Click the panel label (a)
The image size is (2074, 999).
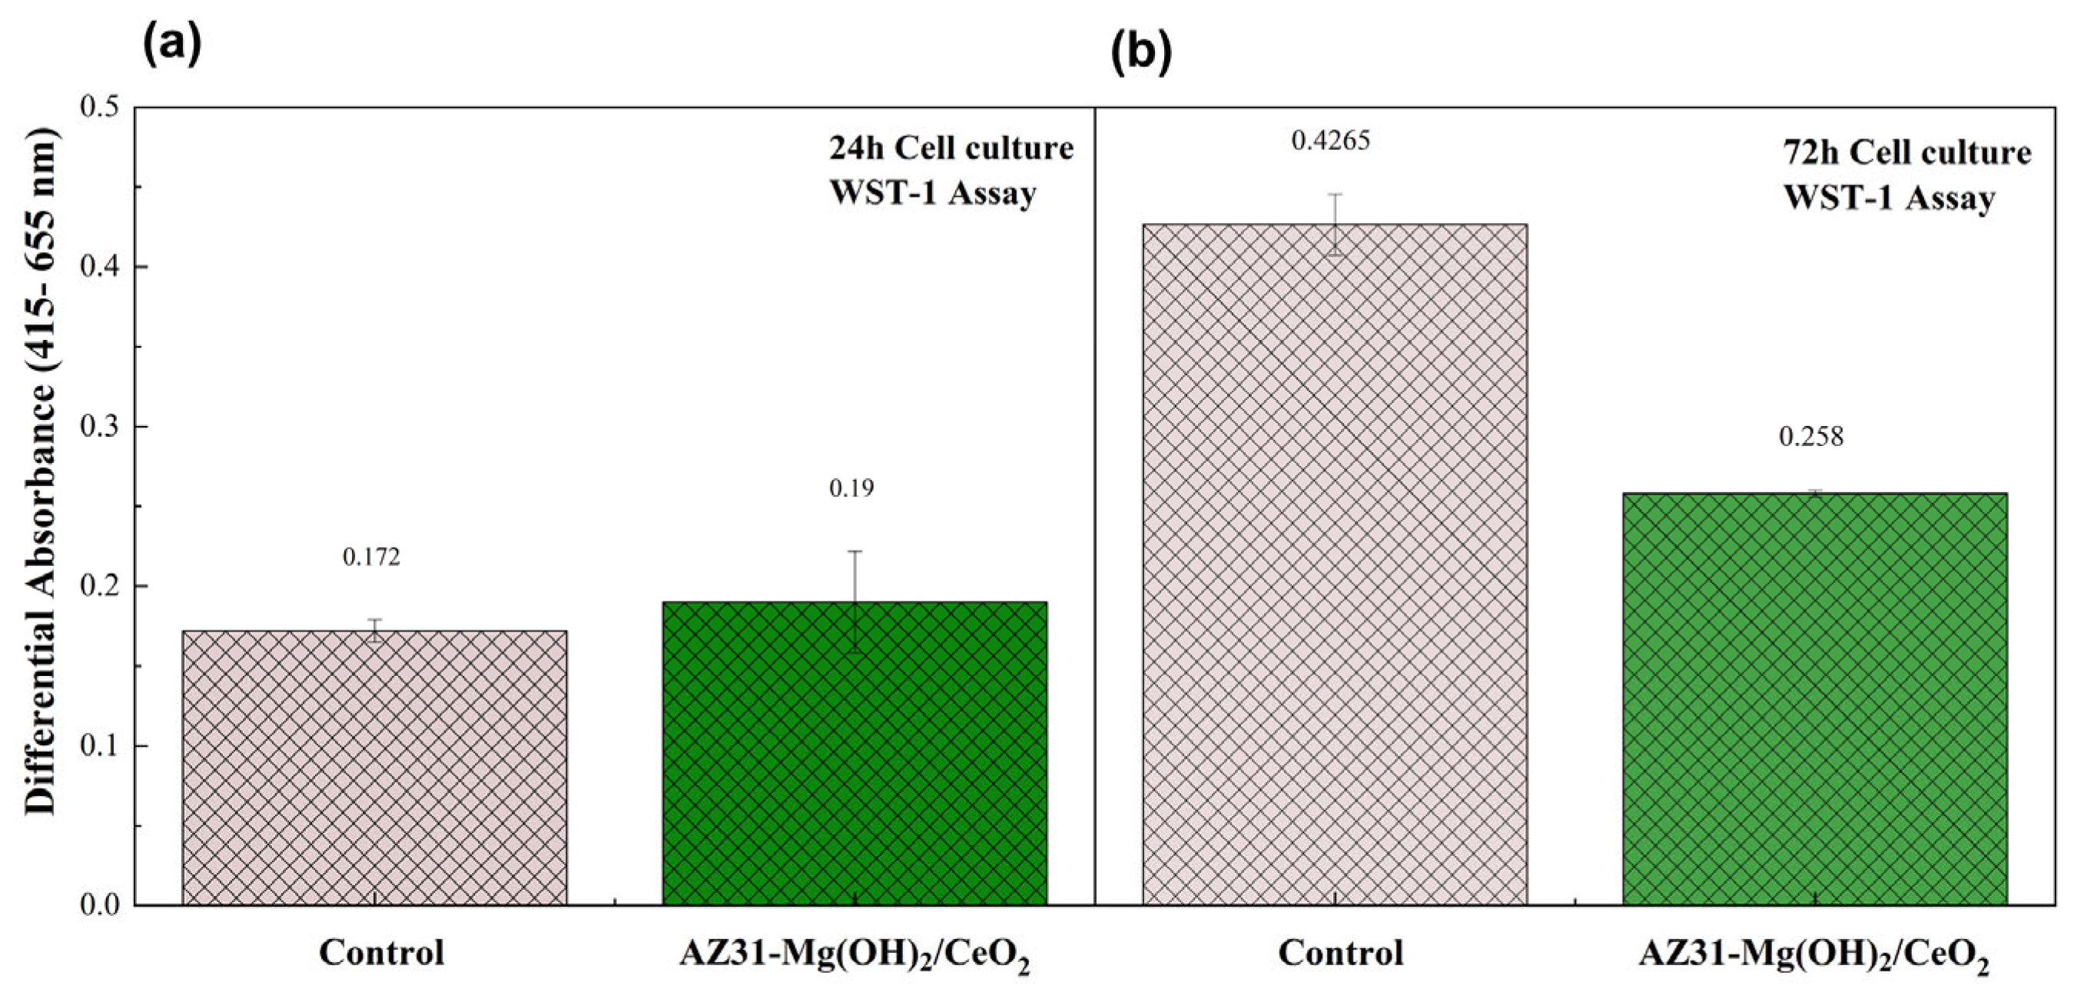click(x=171, y=45)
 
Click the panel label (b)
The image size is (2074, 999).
click(x=1141, y=53)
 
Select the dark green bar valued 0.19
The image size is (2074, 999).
click(x=855, y=753)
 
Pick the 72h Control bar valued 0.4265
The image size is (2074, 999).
click(x=1335, y=564)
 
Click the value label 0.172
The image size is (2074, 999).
click(x=371, y=557)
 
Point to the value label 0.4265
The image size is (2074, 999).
click(x=1331, y=141)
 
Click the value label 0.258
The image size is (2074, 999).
click(x=1810, y=437)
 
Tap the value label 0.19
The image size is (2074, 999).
click(x=851, y=488)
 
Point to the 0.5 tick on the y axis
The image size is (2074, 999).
click(x=99, y=106)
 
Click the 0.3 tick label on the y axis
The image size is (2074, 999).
click(x=99, y=425)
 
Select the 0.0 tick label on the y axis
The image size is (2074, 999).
click(x=99, y=904)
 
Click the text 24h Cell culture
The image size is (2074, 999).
click(x=951, y=148)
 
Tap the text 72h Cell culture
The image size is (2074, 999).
click(x=1906, y=152)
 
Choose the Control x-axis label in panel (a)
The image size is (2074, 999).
click(x=382, y=953)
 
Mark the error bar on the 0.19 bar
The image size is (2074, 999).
click(x=855, y=601)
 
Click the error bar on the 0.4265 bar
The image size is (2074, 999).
click(x=1335, y=224)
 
